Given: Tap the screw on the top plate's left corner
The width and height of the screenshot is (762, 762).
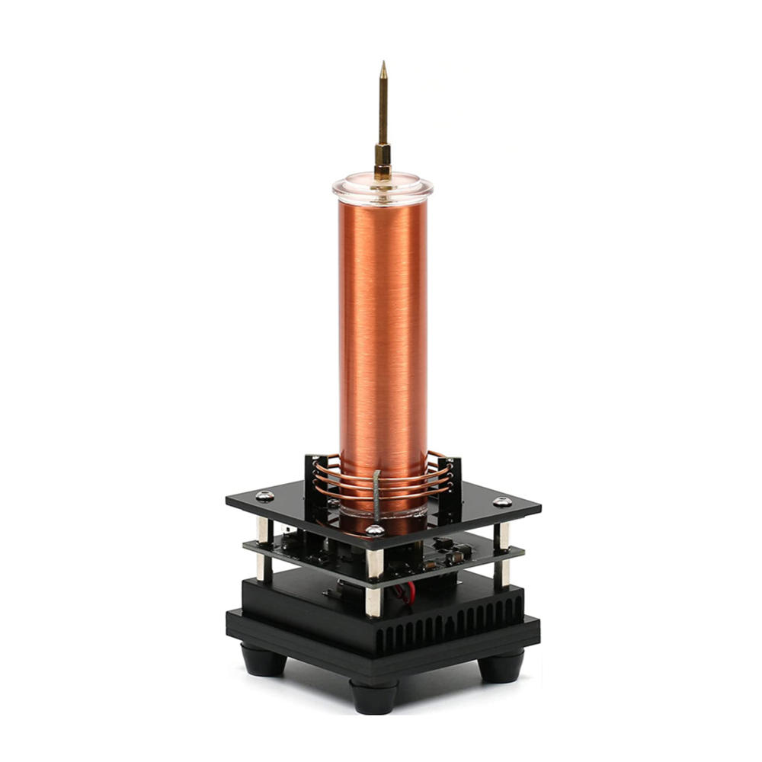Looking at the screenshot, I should tap(264, 496).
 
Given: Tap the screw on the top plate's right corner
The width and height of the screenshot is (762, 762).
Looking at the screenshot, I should tap(502, 502).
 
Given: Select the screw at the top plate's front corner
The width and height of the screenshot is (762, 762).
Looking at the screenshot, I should tap(374, 530).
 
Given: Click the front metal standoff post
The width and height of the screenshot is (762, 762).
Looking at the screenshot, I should tap(373, 583).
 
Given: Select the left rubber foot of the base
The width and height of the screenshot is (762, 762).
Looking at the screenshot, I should tap(264, 660).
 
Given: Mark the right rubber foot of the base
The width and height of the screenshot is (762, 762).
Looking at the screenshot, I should tap(501, 665).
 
